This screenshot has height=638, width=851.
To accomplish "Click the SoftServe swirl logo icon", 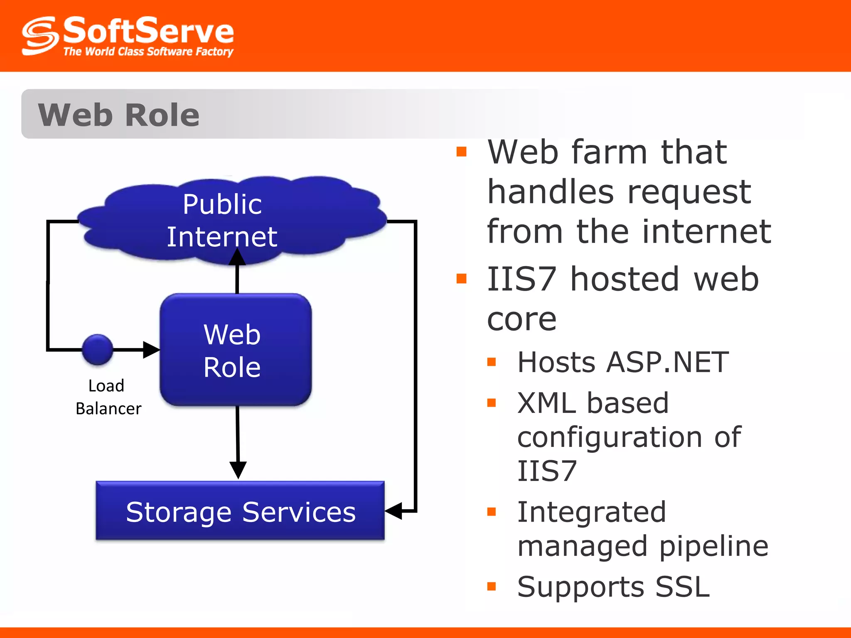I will (x=39, y=36).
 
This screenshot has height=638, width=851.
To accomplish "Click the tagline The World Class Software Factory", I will (x=148, y=52).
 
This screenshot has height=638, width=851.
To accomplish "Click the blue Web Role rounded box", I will (x=236, y=350).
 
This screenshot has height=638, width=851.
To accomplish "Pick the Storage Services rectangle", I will (x=240, y=511).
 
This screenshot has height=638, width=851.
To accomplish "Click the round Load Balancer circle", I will (x=98, y=350).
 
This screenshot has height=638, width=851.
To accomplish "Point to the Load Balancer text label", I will (x=108, y=397).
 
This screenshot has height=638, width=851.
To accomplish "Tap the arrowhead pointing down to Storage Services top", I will (x=238, y=469).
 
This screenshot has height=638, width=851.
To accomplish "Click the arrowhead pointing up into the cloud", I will (x=237, y=258).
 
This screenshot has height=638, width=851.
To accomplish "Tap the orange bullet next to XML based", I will (x=492, y=402).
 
